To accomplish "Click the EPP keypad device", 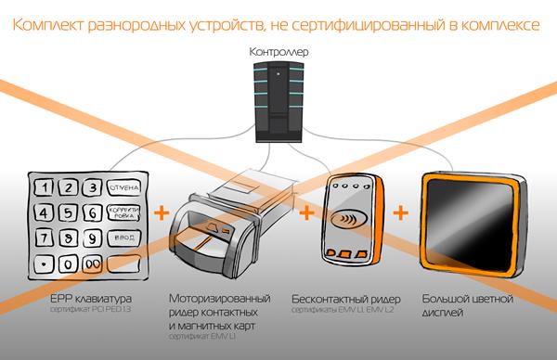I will click(87, 223).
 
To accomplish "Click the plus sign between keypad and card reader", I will click(162, 213).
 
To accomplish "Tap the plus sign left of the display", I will click(401, 213).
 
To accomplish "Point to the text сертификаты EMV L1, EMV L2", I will click(349, 310).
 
